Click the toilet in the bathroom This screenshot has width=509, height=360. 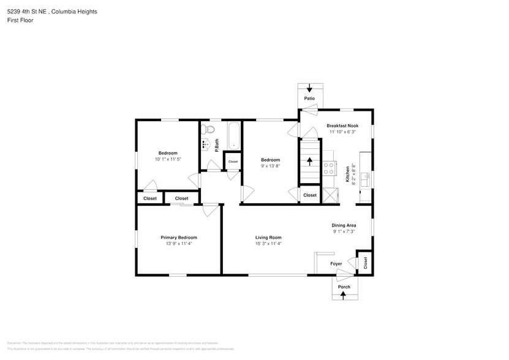click(x=208, y=130)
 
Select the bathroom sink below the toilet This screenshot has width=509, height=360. click(x=206, y=144)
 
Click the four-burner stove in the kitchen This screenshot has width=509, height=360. click(x=330, y=168)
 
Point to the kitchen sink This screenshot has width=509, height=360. click(x=366, y=179)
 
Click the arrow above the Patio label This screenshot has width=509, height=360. click(x=309, y=88)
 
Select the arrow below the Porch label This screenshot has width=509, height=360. click(x=344, y=295)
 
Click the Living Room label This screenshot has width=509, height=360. click(x=268, y=237)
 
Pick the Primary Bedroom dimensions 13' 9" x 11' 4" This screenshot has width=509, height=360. click(x=178, y=244)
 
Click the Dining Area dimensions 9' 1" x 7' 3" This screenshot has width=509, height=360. click(x=344, y=232)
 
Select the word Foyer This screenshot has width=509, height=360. click(x=336, y=264)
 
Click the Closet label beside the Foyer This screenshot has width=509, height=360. click(x=366, y=263)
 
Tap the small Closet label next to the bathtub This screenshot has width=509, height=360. click(x=233, y=162)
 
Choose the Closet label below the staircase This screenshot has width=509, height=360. click(x=310, y=195)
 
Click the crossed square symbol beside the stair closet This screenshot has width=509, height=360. click(x=330, y=195)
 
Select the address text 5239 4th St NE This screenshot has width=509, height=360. click(x=31, y=12)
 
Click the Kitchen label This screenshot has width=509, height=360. click(x=347, y=174)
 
